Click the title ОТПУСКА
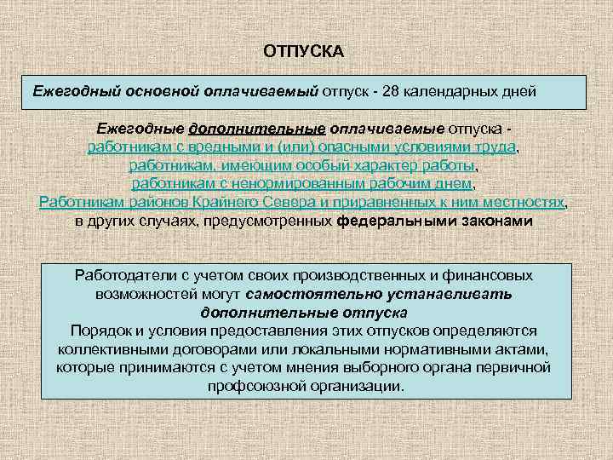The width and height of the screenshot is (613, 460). coord(304,52)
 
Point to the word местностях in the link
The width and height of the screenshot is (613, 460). coord(520,202)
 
